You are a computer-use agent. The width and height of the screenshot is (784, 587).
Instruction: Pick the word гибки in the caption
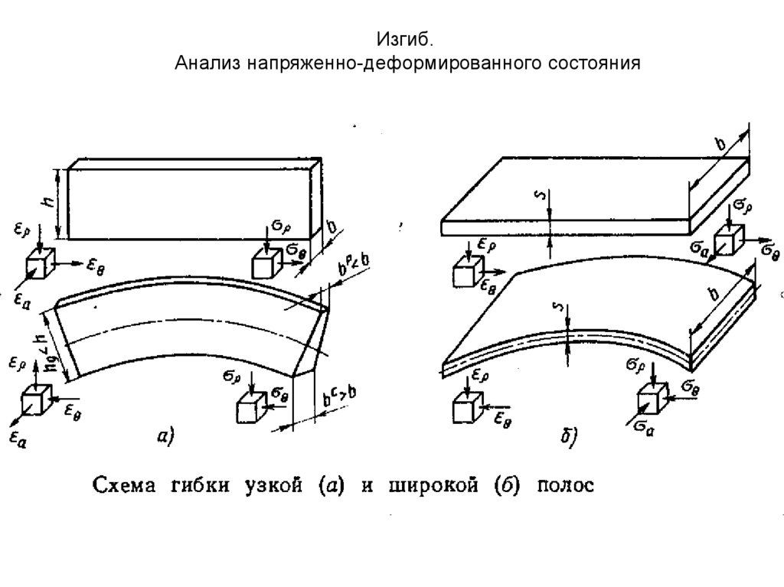click(201, 487)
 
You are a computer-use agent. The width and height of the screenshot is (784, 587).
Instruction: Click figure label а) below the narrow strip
click(165, 436)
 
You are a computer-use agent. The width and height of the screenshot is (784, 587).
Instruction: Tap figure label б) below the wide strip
click(567, 437)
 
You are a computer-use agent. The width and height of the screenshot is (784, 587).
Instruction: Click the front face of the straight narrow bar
click(191, 204)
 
